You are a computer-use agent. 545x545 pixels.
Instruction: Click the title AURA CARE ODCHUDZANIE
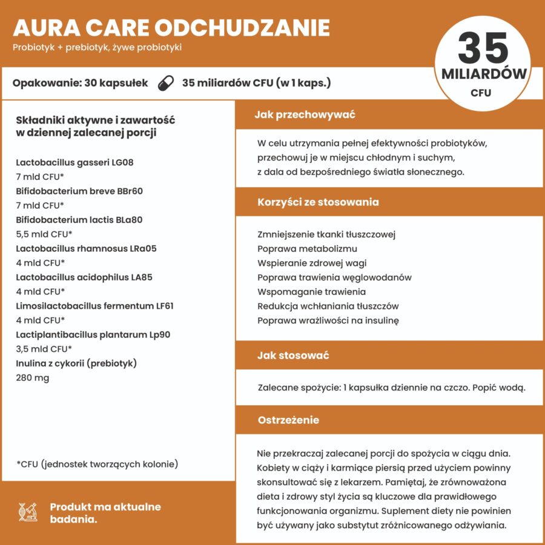coord(171,28)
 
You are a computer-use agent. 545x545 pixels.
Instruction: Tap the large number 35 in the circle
coord(483,48)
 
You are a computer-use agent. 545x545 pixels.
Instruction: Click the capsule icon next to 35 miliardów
coord(165,83)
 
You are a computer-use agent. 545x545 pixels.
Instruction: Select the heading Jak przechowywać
coord(305,114)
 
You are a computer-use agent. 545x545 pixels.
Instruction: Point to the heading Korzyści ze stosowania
coord(318,202)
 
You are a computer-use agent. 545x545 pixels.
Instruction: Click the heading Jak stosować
coord(293,355)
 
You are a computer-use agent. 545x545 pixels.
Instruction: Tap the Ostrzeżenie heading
coord(288,420)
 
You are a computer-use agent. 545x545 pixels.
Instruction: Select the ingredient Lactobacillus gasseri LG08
coord(74,162)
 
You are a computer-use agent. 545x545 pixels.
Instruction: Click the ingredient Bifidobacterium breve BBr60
coord(79,191)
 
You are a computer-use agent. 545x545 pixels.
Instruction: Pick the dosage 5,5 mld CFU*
coord(44,234)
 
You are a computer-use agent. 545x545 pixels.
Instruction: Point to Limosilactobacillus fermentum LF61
coord(95,306)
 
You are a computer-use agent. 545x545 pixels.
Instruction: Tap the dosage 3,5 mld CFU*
coord(44,349)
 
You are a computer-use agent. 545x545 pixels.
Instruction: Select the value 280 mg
coord(33,378)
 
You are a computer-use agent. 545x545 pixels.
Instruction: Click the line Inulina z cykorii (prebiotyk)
coord(76,363)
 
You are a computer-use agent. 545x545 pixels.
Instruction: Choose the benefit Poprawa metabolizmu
coord(307,249)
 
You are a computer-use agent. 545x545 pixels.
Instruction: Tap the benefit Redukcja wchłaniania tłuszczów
coord(328,306)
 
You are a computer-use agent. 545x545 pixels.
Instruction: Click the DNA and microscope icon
coord(28,512)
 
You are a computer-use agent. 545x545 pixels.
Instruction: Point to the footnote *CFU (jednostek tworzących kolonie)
coord(97,464)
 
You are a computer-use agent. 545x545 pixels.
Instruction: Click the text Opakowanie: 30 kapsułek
coord(80,83)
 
